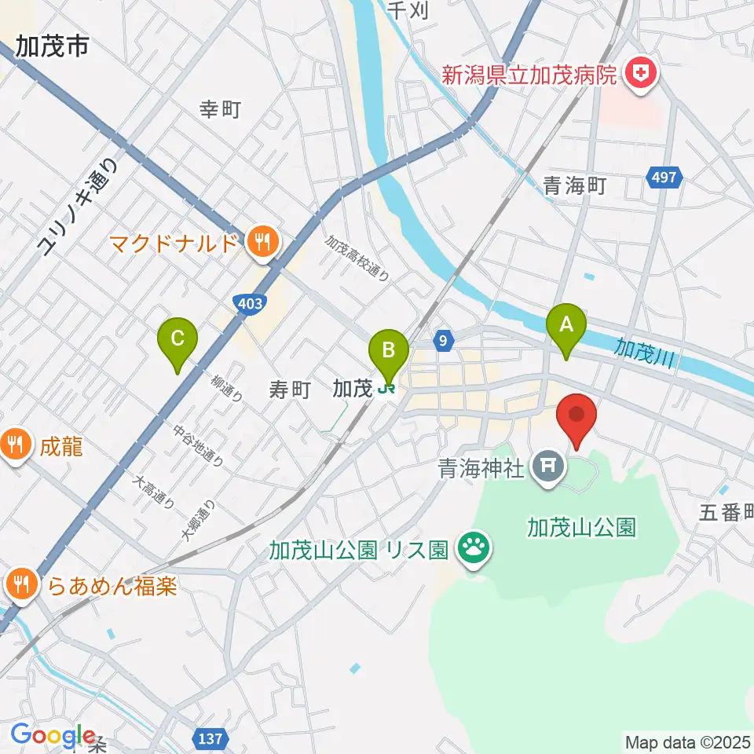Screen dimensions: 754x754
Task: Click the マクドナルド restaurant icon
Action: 260,242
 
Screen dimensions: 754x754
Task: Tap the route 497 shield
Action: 664,178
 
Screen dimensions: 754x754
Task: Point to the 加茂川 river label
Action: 645,351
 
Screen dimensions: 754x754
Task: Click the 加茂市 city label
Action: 51,48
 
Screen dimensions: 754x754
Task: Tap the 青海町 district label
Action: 576,186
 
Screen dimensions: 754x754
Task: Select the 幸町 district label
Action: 220,111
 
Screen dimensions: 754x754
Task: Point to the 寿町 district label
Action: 291,390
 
